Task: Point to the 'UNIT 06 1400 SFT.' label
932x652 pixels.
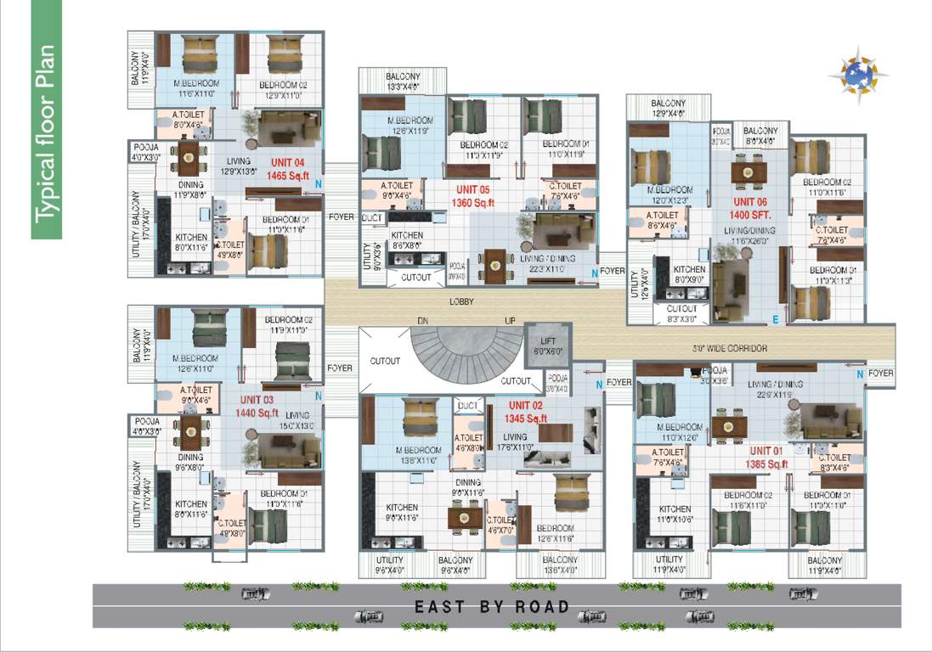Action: click(750, 208)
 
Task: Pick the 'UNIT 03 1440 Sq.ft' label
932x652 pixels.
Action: click(257, 406)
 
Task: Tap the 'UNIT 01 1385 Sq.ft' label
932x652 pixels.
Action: click(768, 458)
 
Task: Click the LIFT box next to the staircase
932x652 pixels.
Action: click(548, 345)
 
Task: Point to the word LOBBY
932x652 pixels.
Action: click(461, 301)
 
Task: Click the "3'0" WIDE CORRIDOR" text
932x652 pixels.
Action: click(731, 348)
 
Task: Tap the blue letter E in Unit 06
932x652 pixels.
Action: click(775, 319)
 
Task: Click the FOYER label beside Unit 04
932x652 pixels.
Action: click(342, 216)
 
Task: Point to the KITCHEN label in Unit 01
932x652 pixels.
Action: click(669, 509)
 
